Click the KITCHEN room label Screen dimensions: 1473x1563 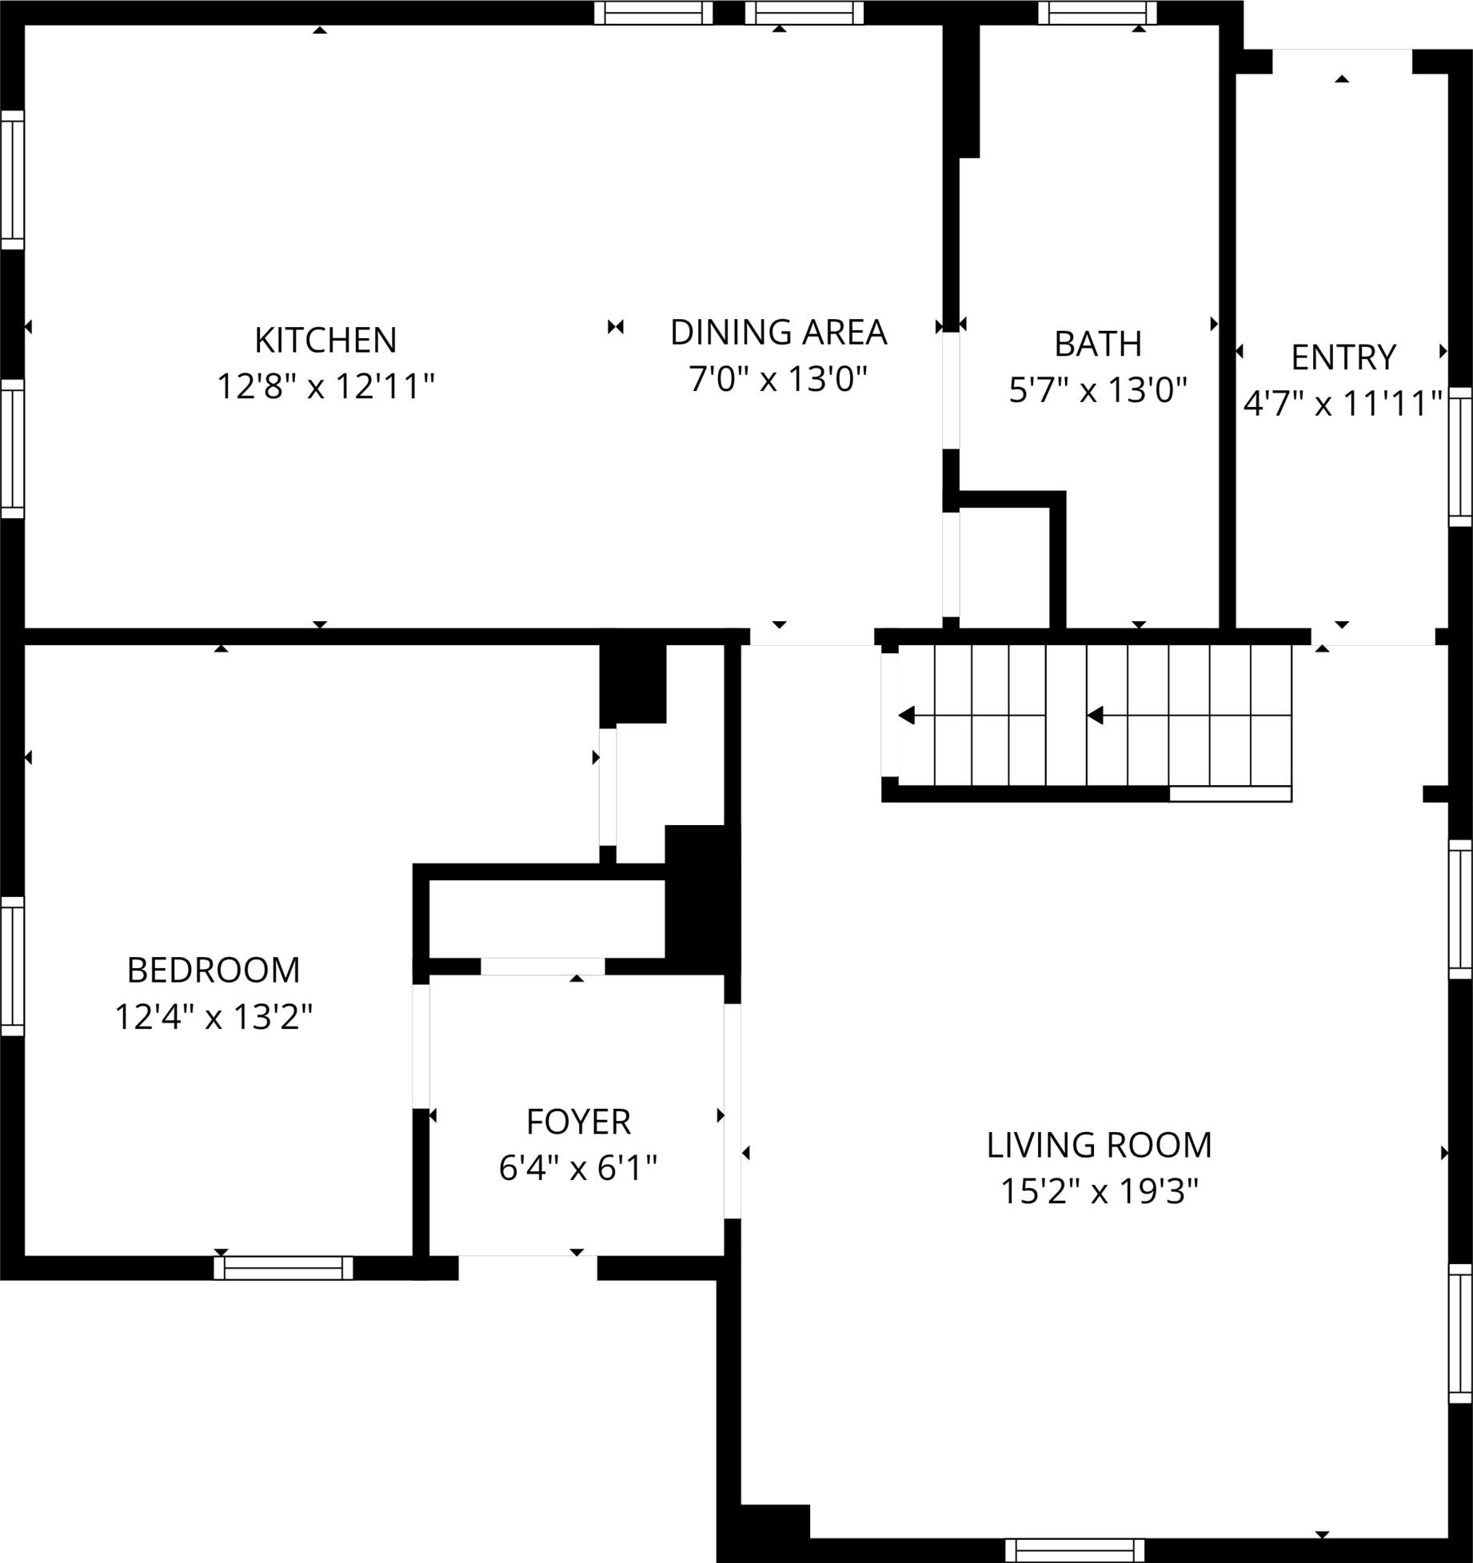(x=325, y=340)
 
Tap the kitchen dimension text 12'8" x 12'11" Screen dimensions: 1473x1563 (x=325, y=387)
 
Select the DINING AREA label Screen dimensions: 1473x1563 (x=779, y=333)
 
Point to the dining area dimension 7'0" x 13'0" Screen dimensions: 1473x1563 (x=779, y=379)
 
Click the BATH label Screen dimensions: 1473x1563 (x=1098, y=344)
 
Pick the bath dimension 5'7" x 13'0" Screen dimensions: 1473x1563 (x=1098, y=391)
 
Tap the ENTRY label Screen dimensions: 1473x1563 (x=1343, y=357)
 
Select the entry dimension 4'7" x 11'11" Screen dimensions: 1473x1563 (x=1343, y=404)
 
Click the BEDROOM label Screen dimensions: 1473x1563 (x=214, y=971)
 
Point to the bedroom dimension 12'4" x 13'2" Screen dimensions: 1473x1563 (x=214, y=1018)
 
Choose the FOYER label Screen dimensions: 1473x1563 (x=578, y=1122)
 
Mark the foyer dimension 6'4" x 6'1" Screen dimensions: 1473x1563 (x=578, y=1169)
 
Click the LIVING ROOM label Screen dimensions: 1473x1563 (x=1100, y=1146)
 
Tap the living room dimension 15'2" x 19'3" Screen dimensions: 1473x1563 (x=1100, y=1193)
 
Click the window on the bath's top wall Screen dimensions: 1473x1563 (x=1098, y=12)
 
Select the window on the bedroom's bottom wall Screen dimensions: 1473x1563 (x=284, y=1268)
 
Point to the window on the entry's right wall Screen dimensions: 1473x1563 (x=1461, y=457)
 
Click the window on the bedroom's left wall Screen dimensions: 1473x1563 (x=12, y=966)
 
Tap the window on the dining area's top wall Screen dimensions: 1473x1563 (x=804, y=12)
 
